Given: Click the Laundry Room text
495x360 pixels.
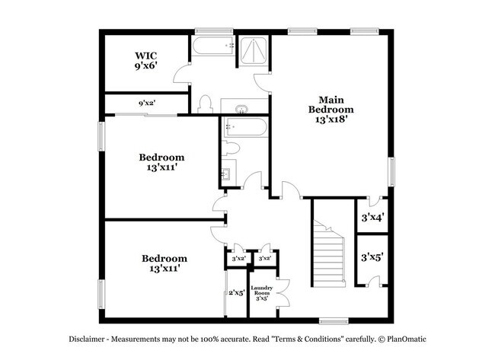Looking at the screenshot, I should (x=261, y=292).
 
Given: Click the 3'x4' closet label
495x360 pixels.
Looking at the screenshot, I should (x=372, y=218).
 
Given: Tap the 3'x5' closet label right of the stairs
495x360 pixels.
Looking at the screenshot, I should (x=372, y=257).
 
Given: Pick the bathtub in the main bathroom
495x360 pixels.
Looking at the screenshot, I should (x=213, y=47).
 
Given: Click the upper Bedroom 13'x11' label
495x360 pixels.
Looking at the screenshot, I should (x=161, y=162).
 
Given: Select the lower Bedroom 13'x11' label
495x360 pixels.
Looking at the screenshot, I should (x=164, y=263).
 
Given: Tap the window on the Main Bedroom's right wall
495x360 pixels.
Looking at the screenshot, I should (x=394, y=171).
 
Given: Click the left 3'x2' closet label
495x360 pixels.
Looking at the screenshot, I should (x=238, y=260).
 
